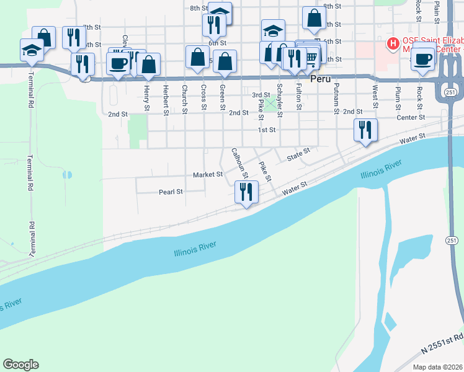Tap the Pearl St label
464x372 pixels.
[x=171, y=192]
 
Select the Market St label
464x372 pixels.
[x=207, y=175]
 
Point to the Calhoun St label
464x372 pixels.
[x=239, y=162]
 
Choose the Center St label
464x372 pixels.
[x=411, y=117]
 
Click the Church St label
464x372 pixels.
[x=185, y=100]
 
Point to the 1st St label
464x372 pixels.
[x=267, y=130]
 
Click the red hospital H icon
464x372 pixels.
[x=392, y=44]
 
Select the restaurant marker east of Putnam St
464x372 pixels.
[x=365, y=130]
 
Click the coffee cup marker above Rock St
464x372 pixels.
[x=423, y=60]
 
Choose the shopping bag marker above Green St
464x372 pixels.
[x=225, y=61]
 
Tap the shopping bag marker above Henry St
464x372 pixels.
[x=149, y=64]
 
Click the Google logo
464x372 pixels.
[x=20, y=365]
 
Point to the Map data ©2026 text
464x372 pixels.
[x=438, y=367]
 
